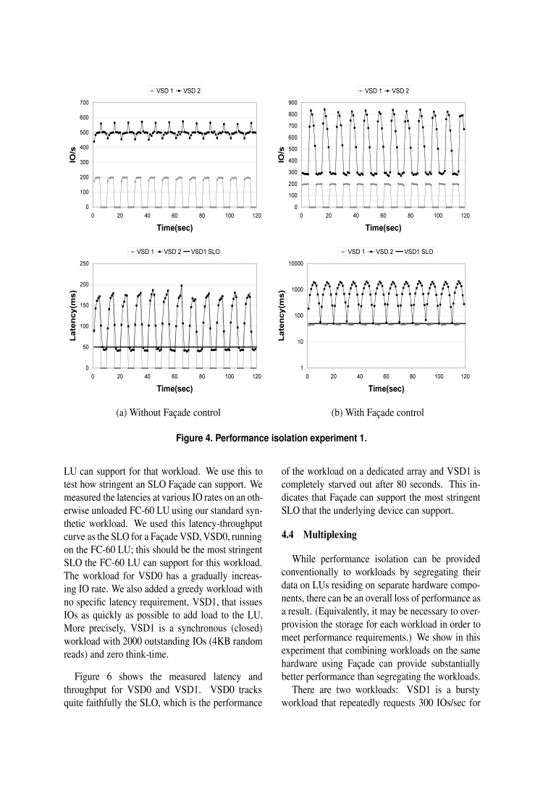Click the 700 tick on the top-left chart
85,103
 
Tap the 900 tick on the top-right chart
294,103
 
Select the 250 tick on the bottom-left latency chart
84,263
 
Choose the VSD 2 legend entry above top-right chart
400,90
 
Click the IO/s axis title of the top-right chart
281,155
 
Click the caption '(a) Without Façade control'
168,412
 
